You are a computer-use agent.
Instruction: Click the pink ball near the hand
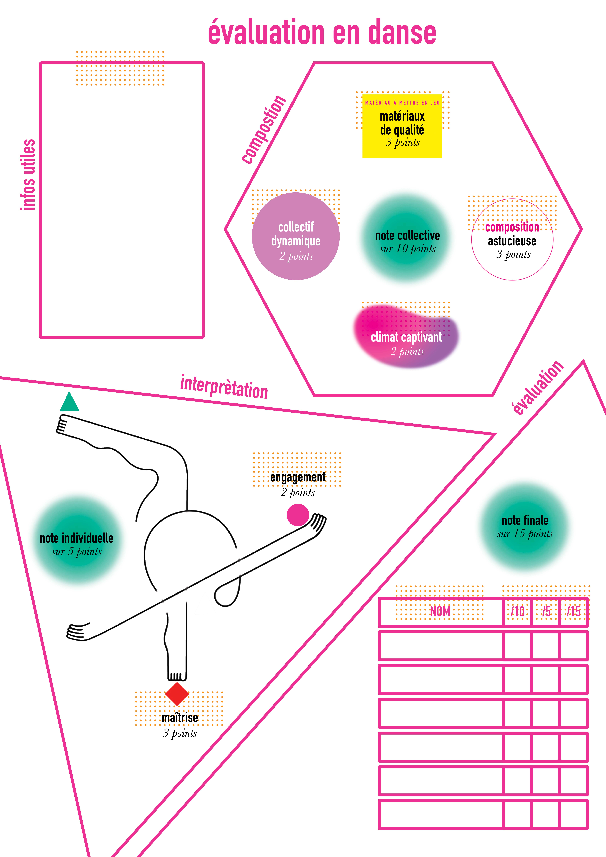point(298,515)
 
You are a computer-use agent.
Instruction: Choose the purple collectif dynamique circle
point(296,236)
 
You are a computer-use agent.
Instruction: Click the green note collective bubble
point(407,239)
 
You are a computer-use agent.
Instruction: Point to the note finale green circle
point(525,526)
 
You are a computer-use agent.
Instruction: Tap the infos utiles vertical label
point(28,175)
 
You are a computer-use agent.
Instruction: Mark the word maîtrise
point(180,717)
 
